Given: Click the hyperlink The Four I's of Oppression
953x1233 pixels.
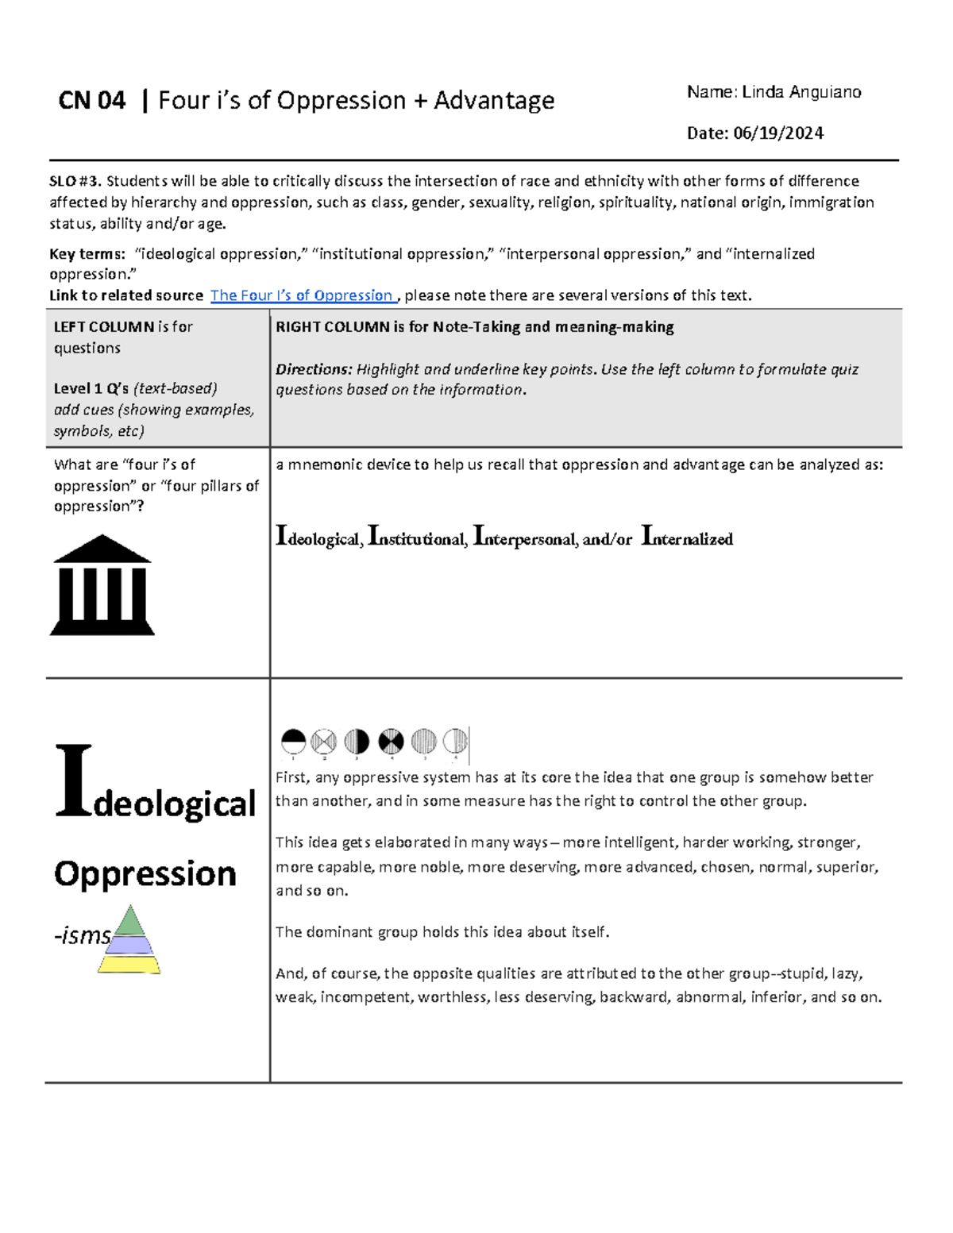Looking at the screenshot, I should (x=302, y=295).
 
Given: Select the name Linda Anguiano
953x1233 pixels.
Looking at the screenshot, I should (x=801, y=92).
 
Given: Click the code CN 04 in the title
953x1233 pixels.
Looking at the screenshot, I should (x=92, y=101).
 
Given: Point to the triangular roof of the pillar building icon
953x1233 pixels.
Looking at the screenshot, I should (x=102, y=550).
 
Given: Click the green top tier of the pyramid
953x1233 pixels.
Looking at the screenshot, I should (x=129, y=923).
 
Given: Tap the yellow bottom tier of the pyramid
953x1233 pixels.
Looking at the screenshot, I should (x=129, y=964).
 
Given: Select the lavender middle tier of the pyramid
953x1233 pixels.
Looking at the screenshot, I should (x=129, y=945).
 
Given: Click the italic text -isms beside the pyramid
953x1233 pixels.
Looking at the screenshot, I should (x=83, y=936).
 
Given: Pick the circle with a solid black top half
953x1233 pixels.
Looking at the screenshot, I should (x=294, y=742).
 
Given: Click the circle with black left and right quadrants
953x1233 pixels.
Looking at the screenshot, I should (x=391, y=742).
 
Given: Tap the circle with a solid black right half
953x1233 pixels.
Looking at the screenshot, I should (x=357, y=742).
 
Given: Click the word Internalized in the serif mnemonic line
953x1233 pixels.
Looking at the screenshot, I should (x=687, y=538).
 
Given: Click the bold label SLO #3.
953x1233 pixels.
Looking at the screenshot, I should (x=75, y=181).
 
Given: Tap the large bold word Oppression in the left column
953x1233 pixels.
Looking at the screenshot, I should (x=145, y=873).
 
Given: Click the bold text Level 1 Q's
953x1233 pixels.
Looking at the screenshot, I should (x=91, y=388).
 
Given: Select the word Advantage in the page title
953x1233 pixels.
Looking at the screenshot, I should (x=494, y=101).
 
